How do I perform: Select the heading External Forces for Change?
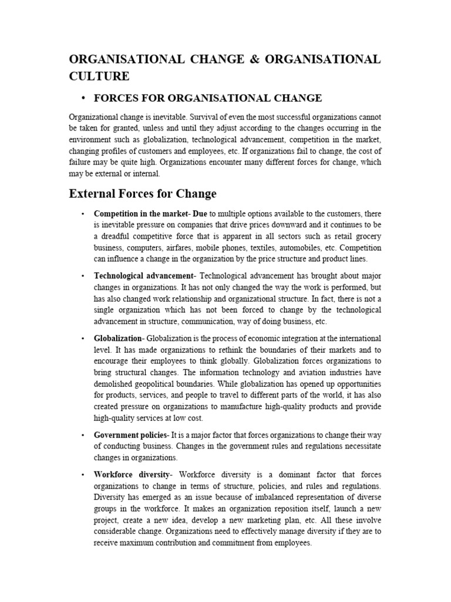pyautogui.click(x=143, y=193)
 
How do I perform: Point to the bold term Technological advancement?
pyautogui.click(x=143, y=276)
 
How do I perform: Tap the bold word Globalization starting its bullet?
pyautogui.click(x=118, y=339)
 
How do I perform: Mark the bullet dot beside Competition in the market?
pyautogui.click(x=84, y=213)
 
